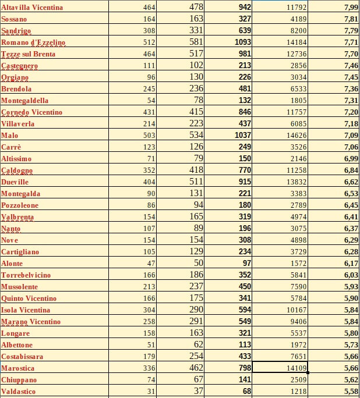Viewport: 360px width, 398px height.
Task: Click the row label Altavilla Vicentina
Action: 32,8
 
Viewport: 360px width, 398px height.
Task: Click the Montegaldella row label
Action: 25,101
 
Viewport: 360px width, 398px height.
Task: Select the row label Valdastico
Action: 19,392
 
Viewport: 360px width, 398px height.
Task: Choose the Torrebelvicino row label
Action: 26,275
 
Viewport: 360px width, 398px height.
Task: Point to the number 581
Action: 196,42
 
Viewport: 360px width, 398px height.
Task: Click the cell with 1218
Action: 297,392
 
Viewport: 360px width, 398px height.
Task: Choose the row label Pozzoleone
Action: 20,205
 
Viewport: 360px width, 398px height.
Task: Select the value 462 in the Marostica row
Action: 196,368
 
